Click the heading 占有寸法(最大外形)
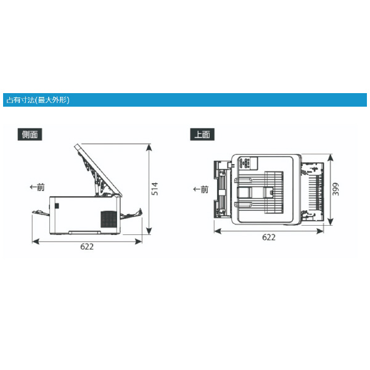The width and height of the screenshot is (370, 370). click(x=38, y=100)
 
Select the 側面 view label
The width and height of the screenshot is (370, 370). click(x=30, y=134)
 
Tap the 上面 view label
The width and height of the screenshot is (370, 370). click(x=202, y=134)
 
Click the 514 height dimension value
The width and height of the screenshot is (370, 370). click(x=155, y=189)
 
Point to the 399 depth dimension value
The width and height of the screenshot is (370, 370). click(x=335, y=189)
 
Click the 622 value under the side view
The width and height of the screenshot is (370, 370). click(x=87, y=247)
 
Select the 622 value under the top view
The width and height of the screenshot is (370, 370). click(x=269, y=237)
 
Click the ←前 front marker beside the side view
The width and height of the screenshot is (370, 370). click(x=37, y=187)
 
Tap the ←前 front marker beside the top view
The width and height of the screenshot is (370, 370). click(x=201, y=189)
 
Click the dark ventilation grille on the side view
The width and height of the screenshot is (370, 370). click(x=109, y=219)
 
